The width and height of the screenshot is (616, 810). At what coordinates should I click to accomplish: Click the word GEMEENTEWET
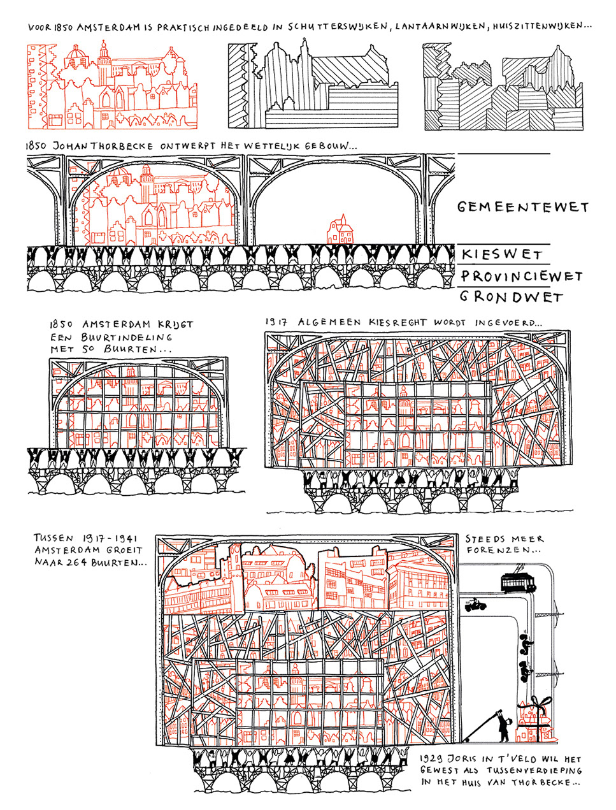522,206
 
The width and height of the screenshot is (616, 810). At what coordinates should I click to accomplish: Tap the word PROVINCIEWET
521,277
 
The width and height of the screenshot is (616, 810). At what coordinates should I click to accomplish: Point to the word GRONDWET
512,297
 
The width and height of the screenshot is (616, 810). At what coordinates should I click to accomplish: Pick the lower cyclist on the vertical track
526,670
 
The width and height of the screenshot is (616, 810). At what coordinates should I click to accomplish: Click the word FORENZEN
503,551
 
